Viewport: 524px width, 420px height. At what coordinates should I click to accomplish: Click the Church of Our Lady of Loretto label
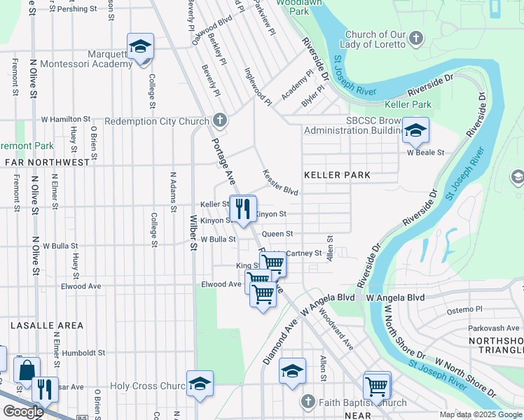[x=375, y=39]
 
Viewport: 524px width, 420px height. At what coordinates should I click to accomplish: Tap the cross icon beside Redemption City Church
[x=220, y=120]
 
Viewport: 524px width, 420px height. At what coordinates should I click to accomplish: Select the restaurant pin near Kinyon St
[x=243, y=208]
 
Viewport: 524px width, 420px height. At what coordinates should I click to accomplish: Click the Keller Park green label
[x=407, y=104]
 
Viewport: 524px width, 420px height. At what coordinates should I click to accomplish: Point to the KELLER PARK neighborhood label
[x=336, y=174]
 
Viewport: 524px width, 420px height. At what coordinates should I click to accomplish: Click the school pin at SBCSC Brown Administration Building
[x=415, y=130]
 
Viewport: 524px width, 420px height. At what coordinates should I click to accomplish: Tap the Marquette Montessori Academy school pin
[x=140, y=47]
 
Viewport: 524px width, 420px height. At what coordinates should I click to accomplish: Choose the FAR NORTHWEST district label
[x=46, y=162]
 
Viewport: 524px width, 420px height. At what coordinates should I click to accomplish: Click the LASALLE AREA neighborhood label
[x=46, y=325]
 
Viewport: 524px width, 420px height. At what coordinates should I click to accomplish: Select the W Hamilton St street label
[x=67, y=120]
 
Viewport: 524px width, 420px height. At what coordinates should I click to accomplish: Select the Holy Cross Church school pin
[x=200, y=384]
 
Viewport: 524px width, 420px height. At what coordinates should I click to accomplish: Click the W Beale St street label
[x=426, y=153]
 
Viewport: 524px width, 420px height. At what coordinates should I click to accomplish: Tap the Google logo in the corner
[x=23, y=412]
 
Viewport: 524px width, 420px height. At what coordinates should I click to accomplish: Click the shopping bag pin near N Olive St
[x=27, y=370]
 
